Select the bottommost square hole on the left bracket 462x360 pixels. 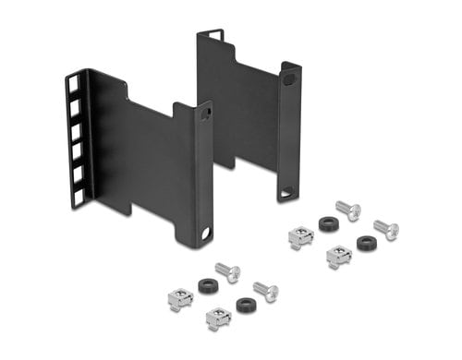tap(78, 194)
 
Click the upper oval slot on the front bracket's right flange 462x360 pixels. tap(205, 114)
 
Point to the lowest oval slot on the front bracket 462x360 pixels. tap(205, 234)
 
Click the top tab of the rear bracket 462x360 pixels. tap(211, 35)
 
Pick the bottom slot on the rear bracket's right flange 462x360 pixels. tap(287, 191)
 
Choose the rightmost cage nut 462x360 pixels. tap(339, 256)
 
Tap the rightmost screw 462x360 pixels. tap(386, 229)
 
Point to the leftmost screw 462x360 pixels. tap(227, 272)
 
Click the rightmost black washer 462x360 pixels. tap(367, 244)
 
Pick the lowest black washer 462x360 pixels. tap(246, 305)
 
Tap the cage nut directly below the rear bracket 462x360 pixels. tap(300, 238)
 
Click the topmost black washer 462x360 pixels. tap(328, 223)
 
